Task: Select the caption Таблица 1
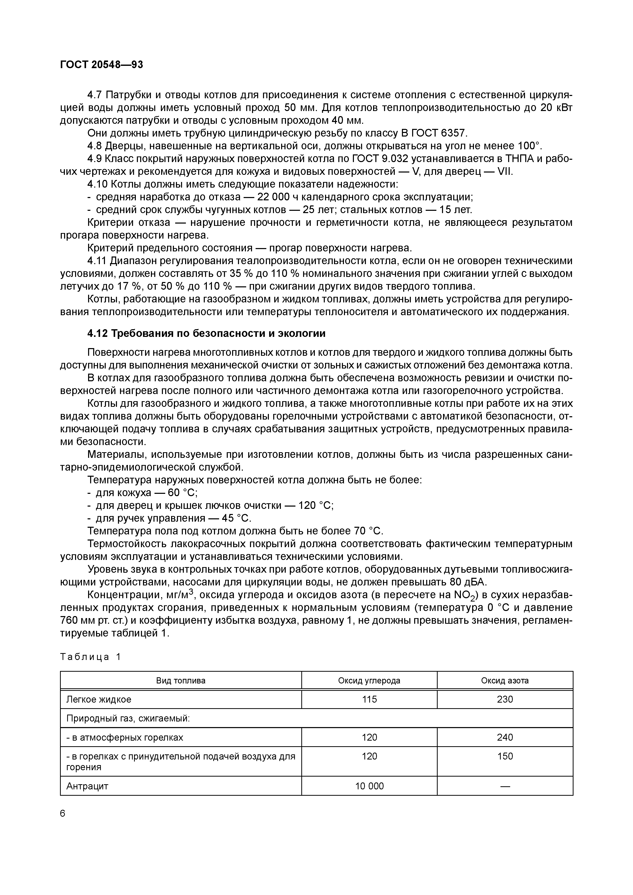click(x=90, y=657)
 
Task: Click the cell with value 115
click(x=369, y=699)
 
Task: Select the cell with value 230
click(x=505, y=699)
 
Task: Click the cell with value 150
click(x=505, y=756)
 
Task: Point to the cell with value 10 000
click(x=369, y=786)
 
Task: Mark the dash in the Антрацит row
click(x=505, y=786)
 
